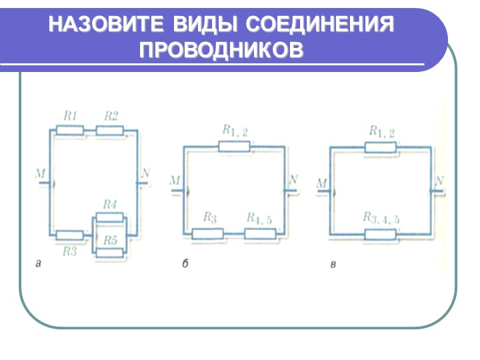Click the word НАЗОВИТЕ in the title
pyautogui.click(x=106, y=24)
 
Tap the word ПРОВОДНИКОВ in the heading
pyautogui.click(x=221, y=49)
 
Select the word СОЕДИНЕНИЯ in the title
pyautogui.click(x=320, y=24)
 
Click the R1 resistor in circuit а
pyautogui.click(x=70, y=131)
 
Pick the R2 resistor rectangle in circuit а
pyautogui.click(x=109, y=131)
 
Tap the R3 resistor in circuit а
pyautogui.click(x=70, y=235)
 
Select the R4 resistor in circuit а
pyautogui.click(x=109, y=217)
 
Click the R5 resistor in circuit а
pyautogui.click(x=109, y=253)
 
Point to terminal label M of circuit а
pyautogui.click(x=40, y=174)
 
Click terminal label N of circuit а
pyautogui.click(x=145, y=173)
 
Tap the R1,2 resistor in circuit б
pyautogui.click(x=234, y=147)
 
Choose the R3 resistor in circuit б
pyautogui.click(x=207, y=234)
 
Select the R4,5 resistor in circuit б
pyautogui.click(x=260, y=234)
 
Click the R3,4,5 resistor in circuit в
pyautogui.click(x=381, y=235)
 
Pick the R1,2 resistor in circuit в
pyautogui.click(x=381, y=147)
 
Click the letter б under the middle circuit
pyautogui.click(x=185, y=263)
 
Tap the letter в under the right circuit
pyautogui.click(x=333, y=265)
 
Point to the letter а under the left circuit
pyautogui.click(x=38, y=263)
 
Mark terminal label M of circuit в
pyautogui.click(x=321, y=184)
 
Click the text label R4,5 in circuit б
pyautogui.click(x=259, y=218)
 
